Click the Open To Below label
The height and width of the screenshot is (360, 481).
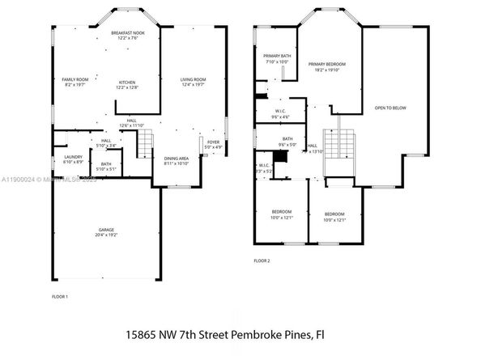(390, 107)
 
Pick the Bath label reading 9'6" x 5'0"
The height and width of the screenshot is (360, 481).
(287, 141)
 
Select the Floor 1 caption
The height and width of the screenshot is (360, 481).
(60, 297)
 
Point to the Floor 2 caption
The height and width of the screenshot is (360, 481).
(261, 260)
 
